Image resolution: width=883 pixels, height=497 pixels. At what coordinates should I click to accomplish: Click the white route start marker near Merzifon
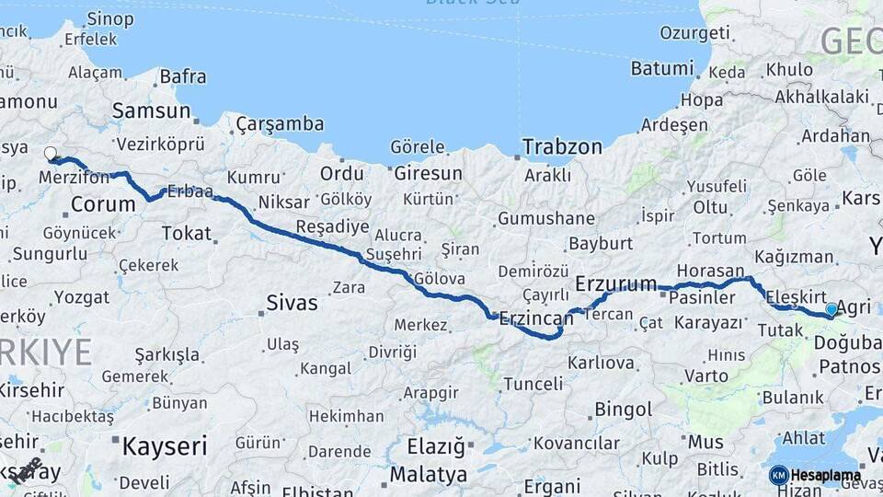(51, 154)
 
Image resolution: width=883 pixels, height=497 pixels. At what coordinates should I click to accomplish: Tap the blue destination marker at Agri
(831, 310)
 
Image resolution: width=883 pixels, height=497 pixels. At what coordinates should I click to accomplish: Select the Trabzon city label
(562, 146)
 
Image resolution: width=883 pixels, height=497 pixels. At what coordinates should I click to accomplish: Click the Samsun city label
(150, 111)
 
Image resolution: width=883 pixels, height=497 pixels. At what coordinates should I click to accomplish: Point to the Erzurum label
(615, 283)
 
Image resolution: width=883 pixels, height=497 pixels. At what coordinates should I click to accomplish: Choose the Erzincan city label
(535, 319)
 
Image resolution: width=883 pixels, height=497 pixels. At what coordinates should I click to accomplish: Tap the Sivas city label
(292, 302)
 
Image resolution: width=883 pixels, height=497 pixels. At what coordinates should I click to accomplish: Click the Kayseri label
(165, 447)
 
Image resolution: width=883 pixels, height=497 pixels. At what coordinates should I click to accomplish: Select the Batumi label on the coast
(661, 69)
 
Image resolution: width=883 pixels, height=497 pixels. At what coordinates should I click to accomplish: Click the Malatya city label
(428, 475)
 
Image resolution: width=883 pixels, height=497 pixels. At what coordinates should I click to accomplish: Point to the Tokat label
(186, 234)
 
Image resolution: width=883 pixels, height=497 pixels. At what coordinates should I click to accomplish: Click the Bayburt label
(601, 244)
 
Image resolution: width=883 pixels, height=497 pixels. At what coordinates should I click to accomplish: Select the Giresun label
(428, 173)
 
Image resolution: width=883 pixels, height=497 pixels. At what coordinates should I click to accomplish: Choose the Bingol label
(623, 409)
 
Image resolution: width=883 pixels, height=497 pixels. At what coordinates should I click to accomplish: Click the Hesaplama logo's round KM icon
(778, 475)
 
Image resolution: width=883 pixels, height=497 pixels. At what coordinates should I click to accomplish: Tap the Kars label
(861, 198)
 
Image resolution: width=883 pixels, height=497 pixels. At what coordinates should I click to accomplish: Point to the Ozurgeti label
(694, 33)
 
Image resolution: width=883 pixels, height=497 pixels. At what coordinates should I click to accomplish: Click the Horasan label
(709, 271)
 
